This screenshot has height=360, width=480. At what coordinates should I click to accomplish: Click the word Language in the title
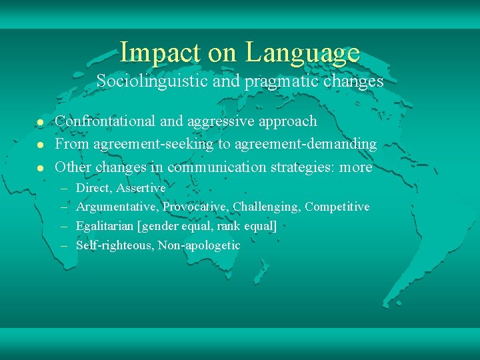[x=302, y=53]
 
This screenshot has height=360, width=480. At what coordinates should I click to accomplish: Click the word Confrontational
[x=105, y=121]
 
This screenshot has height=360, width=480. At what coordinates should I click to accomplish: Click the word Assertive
[x=141, y=188]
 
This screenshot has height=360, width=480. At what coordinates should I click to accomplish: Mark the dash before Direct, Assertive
[x=65, y=189]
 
